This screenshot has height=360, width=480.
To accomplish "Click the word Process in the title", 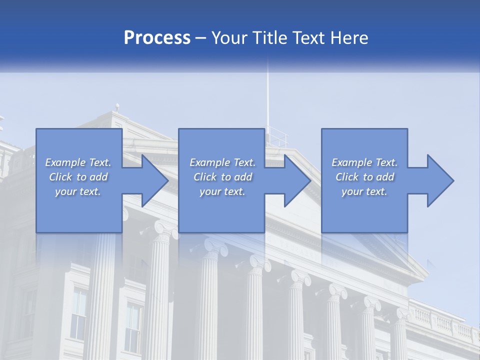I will tap(157, 38).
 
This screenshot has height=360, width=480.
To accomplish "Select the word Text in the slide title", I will tap(309, 38).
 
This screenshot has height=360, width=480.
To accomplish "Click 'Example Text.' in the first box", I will tap(78, 162).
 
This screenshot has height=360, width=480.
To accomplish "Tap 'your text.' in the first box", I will tap(78, 191).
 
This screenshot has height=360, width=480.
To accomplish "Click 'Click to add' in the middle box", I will tap(222, 177).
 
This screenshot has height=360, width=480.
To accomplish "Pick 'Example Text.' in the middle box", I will tap(222, 162).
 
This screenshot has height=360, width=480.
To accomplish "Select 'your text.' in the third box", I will tap(364, 191).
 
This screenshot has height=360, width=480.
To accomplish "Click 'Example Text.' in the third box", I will tap(364, 162).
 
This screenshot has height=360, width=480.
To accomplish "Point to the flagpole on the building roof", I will tap(267, 100).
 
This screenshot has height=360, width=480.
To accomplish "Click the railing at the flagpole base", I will tap(278, 136).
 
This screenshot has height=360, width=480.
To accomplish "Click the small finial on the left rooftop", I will tap(117, 106).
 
